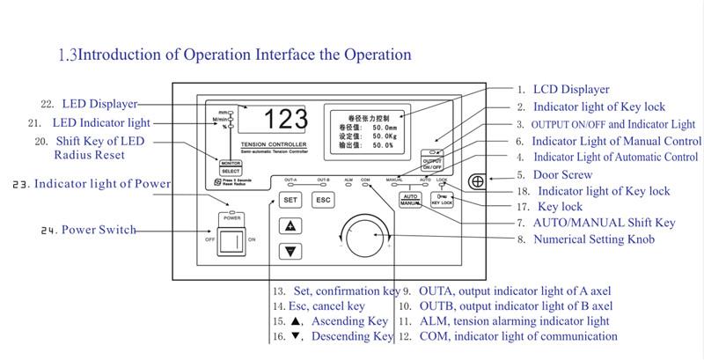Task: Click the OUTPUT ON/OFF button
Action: click(x=432, y=164)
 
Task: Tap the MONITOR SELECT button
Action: click(x=231, y=168)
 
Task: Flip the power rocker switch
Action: click(x=233, y=239)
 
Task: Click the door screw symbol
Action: click(x=478, y=182)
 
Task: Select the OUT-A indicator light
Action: click(x=290, y=183)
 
